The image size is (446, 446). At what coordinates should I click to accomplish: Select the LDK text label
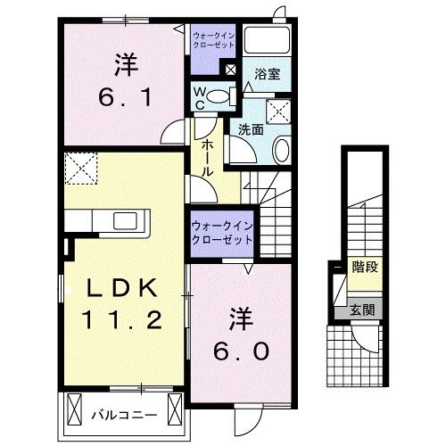click(x=122, y=288)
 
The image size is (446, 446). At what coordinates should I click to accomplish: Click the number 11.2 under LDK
click(x=122, y=318)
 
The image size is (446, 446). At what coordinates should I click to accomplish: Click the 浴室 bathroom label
click(x=267, y=75)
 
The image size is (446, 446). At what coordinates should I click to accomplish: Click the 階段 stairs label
click(x=362, y=267)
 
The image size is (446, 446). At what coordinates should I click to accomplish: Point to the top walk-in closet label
click(x=212, y=39)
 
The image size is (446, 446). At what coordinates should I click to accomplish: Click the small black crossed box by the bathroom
click(x=231, y=69)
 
